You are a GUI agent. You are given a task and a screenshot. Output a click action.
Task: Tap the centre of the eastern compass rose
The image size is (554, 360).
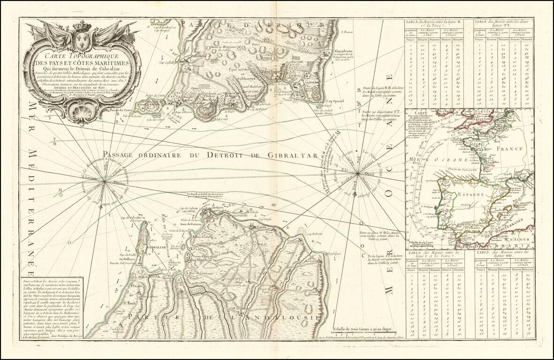(358, 173)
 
